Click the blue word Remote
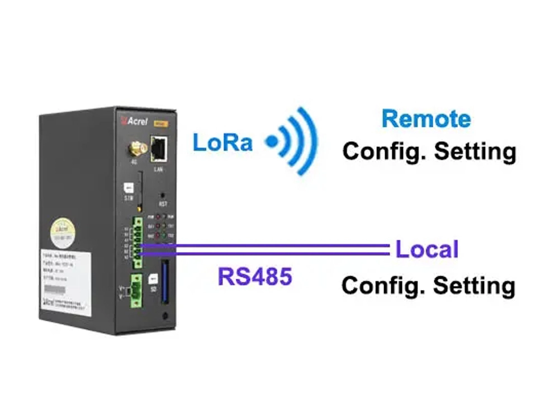[426, 119]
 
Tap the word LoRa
[222, 143]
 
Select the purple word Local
[427, 249]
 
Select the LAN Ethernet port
[160, 147]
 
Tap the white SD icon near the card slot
[153, 277]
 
